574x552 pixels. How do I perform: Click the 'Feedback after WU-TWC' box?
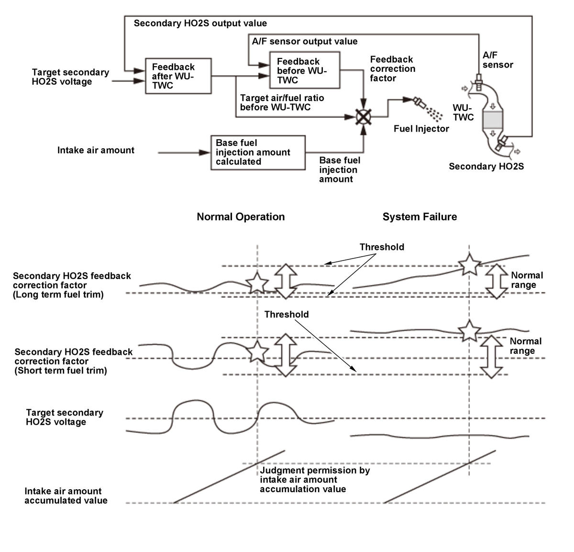(178, 76)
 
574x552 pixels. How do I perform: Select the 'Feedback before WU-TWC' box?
(305, 70)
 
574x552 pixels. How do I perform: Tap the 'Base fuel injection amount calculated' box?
(258, 152)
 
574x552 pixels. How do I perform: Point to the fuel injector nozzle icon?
(419, 102)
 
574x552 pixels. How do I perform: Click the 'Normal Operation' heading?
(241, 217)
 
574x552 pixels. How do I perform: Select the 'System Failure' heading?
(419, 217)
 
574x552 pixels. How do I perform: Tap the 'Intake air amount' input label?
(96, 150)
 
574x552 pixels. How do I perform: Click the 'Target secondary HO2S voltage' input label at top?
(70, 77)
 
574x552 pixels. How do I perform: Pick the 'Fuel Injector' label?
(421, 129)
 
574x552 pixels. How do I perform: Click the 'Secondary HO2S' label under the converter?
(486, 167)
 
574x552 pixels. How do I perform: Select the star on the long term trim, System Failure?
(468, 264)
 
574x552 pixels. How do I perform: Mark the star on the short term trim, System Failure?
(469, 330)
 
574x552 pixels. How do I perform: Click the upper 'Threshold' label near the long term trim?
(382, 247)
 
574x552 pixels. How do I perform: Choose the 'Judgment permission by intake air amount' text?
(315, 480)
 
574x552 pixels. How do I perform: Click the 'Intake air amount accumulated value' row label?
(66, 496)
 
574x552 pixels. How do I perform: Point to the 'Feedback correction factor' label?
(392, 69)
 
